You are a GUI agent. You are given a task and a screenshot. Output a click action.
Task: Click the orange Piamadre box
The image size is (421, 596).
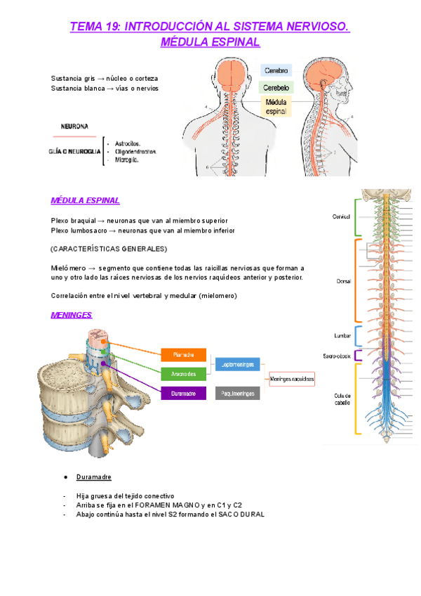[x=183, y=355]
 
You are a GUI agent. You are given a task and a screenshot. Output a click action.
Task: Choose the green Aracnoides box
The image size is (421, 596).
[x=183, y=374]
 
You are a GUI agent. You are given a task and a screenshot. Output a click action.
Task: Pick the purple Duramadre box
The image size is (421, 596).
[x=183, y=394]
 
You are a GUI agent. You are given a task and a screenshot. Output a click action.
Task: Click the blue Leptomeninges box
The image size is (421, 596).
[x=237, y=365]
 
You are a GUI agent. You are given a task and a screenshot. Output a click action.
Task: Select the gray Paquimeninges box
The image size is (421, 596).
[x=237, y=394]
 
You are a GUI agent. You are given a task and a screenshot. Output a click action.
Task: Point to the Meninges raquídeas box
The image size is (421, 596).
[x=292, y=379]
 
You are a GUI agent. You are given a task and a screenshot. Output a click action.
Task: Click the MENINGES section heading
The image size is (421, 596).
[x=72, y=315]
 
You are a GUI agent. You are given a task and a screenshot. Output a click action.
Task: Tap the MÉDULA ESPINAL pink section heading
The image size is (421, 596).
[x=85, y=200]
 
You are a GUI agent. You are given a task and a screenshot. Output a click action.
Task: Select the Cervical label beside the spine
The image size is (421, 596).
[x=341, y=216]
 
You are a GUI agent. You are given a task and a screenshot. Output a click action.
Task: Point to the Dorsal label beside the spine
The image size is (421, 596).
[x=342, y=280]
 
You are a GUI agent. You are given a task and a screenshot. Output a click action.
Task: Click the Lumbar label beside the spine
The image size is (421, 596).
[x=342, y=336]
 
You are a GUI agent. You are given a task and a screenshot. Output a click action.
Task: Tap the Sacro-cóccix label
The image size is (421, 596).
[x=338, y=356]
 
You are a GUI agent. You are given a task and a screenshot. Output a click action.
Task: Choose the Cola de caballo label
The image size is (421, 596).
[x=342, y=399]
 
